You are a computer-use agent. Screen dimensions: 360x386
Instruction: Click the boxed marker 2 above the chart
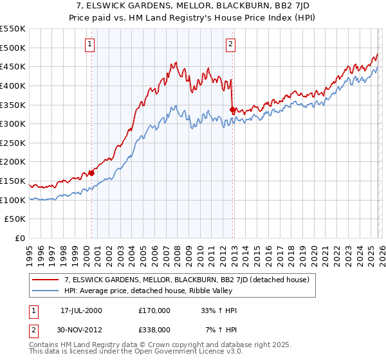click(230, 44)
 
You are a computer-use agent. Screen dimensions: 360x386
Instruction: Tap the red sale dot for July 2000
click(91, 173)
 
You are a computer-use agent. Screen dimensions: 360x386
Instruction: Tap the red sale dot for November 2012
click(232, 110)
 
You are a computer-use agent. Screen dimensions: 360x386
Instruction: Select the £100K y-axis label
click(14, 200)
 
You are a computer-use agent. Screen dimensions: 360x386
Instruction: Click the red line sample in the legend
click(46, 280)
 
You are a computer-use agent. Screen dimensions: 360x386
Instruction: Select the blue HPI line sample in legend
click(46, 291)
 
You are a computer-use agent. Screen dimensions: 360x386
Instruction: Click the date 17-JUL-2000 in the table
click(81, 310)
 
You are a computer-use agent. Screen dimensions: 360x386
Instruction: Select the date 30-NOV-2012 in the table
click(82, 330)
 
